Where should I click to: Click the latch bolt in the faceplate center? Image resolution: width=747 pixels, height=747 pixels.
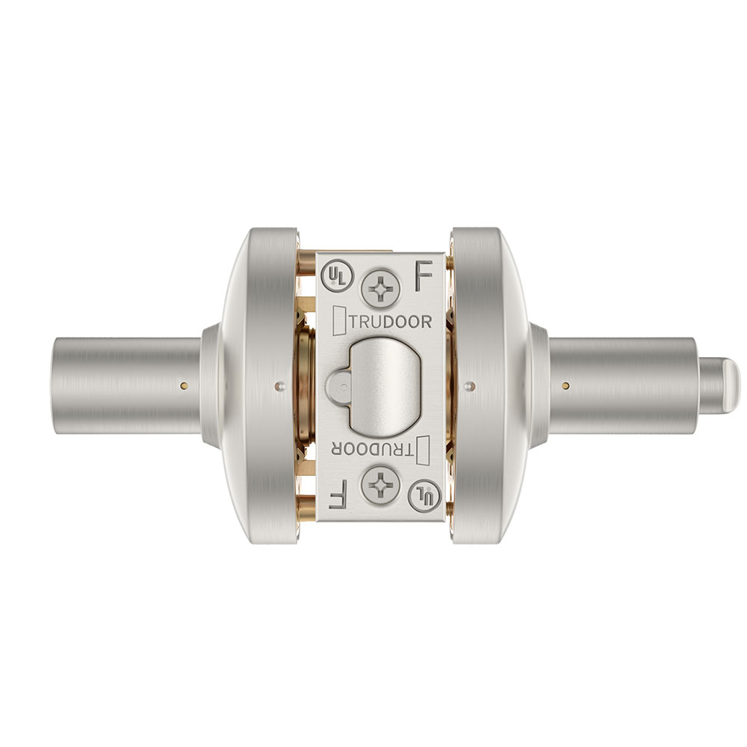pos(381,385)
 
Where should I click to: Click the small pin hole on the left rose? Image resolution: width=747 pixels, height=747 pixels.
pos(279,385)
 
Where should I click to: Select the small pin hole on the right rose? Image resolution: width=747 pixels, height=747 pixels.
pos(468,385)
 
